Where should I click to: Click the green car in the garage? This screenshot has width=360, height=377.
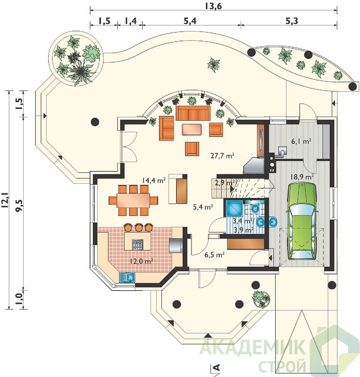[x=302, y=221]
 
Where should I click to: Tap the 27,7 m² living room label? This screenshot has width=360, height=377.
[x=223, y=156]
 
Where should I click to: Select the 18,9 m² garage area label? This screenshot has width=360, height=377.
[x=302, y=177]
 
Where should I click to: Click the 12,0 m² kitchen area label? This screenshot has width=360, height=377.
[x=142, y=261]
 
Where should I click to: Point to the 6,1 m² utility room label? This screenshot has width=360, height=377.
[x=301, y=141]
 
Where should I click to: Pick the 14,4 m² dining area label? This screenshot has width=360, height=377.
[x=154, y=180]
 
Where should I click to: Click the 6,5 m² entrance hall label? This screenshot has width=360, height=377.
[x=215, y=254]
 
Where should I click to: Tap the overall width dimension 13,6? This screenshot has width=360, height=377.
[x=213, y=6]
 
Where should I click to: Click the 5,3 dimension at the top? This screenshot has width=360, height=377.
[x=292, y=21]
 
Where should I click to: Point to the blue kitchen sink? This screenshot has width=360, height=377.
[x=127, y=277]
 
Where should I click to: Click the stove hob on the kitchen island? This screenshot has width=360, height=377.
[x=137, y=244]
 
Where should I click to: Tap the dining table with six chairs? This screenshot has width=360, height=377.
[x=134, y=200]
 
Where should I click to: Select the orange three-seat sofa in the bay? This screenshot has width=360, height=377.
[x=192, y=113]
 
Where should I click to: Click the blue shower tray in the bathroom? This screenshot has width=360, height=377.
[x=234, y=208]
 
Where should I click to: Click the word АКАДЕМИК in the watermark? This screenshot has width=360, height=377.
[x=252, y=346]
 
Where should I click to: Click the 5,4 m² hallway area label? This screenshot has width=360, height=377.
[x=203, y=207]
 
